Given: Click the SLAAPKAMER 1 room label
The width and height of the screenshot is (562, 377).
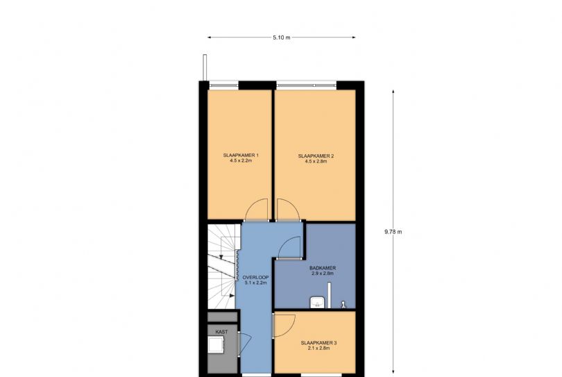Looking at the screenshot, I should coord(241,155).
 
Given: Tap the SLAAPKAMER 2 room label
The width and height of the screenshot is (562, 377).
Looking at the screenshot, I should coord(316,155).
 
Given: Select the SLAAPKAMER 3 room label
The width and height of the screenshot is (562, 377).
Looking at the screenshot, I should coord(318,343).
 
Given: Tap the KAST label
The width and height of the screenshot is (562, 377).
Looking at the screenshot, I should coord(221,332).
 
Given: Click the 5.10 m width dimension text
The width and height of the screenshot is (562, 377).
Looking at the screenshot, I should coord(282,37).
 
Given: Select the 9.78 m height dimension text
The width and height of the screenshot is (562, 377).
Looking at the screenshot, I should coord(393,232).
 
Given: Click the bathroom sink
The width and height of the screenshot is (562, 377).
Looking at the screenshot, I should coord(317,302).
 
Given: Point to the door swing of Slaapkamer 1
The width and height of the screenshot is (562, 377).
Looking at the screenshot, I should coord(257,209).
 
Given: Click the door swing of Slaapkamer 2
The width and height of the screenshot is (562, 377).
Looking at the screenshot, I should coord(288,209).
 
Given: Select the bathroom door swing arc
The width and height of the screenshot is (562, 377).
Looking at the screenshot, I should coord(289,246).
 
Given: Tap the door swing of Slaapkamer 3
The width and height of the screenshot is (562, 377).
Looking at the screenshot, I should coord(284,325).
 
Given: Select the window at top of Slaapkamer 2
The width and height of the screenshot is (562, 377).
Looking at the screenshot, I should coord(307,85).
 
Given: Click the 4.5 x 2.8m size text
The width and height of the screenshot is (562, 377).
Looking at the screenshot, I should coord(316,161).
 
